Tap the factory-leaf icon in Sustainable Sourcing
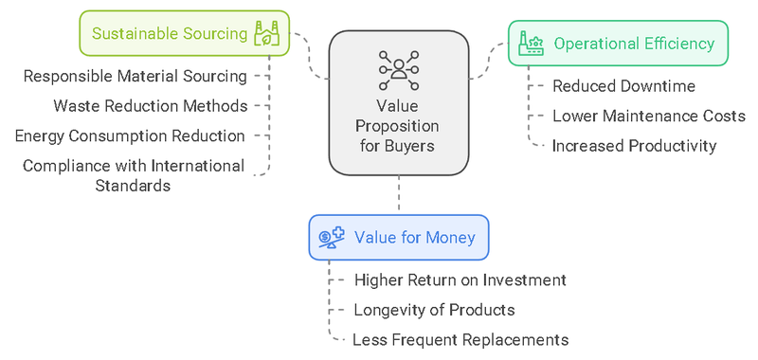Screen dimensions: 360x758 point(266,34)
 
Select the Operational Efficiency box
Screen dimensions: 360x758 point(617,44)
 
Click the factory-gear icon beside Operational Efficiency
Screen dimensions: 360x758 point(531,44)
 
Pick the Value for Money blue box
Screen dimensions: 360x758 point(398,237)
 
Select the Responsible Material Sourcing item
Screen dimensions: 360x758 point(135,76)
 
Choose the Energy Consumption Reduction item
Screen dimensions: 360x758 point(130,135)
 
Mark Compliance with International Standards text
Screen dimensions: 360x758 point(133,175)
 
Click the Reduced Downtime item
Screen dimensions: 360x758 point(623,86)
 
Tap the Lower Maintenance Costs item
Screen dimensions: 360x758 point(647,116)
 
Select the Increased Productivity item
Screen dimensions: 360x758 point(634,146)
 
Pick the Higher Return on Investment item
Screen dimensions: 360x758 point(460,280)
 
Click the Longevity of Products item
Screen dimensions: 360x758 point(434,310)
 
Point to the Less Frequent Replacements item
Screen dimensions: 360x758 point(460,339)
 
